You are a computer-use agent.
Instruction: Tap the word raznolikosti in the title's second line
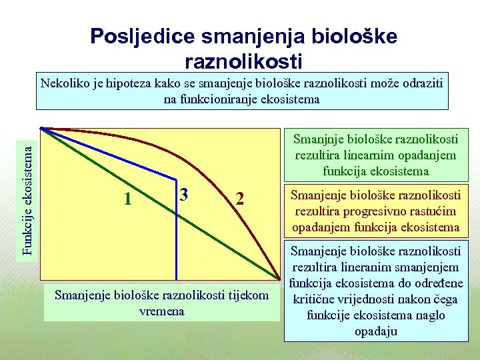tap(243, 61)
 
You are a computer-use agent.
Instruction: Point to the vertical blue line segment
tap(177, 230)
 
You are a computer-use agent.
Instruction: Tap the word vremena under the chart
tap(162, 311)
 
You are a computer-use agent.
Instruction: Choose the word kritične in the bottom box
tap(313, 300)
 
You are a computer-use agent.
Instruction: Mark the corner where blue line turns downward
tap(177, 179)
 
